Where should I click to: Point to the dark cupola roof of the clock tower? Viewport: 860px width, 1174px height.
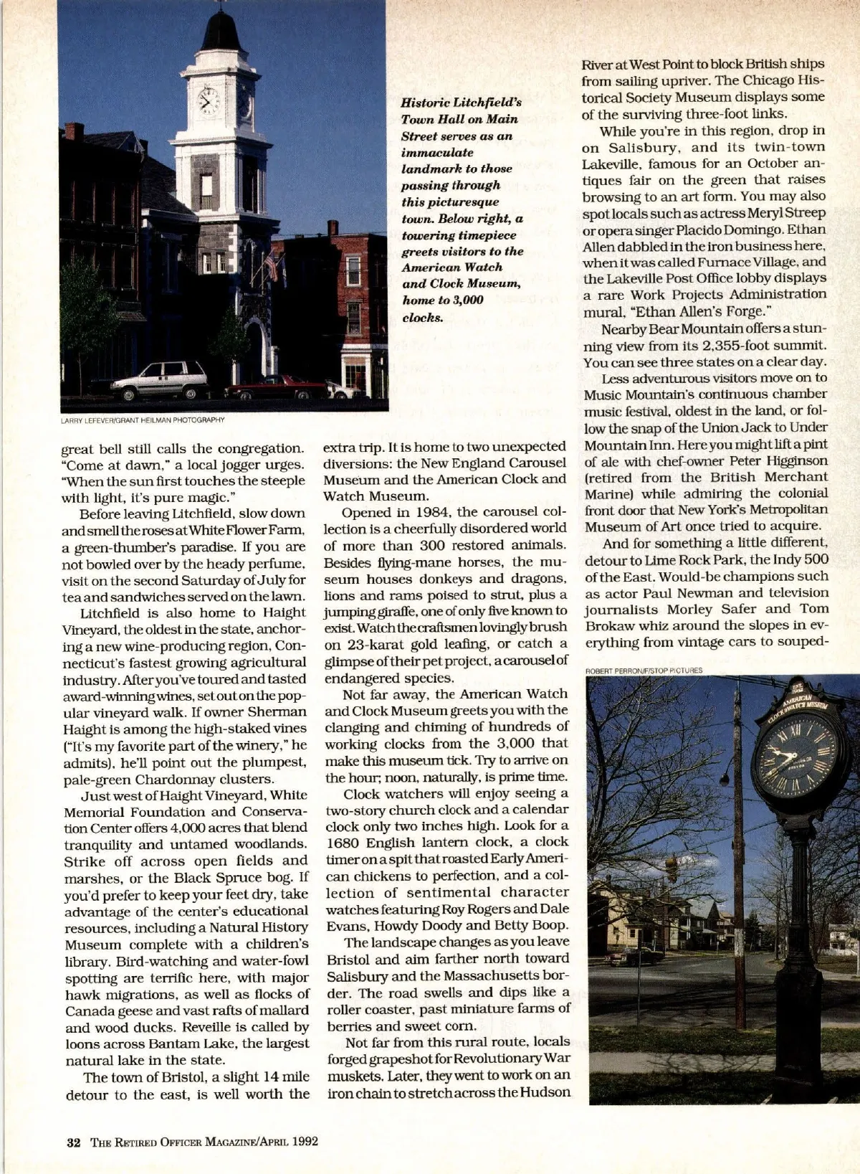(x=221, y=32)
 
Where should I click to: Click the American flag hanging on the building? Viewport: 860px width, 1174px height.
(x=272, y=267)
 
